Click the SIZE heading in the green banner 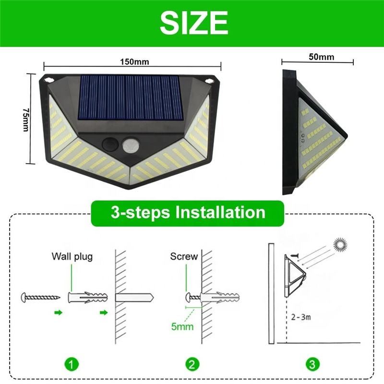tap(194, 23)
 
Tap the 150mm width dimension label tap(134, 62)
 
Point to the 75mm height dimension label tap(26, 120)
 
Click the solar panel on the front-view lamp tap(130, 97)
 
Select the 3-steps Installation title tap(188, 212)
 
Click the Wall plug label tap(72, 257)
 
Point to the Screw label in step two tap(184, 256)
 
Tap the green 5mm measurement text tap(182, 326)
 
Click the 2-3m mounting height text tap(301, 317)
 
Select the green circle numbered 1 tap(72, 364)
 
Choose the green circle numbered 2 tap(192, 364)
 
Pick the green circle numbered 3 tap(312, 364)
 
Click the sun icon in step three tap(340, 245)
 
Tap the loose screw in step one tap(41, 297)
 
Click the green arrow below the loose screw tap(59, 312)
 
